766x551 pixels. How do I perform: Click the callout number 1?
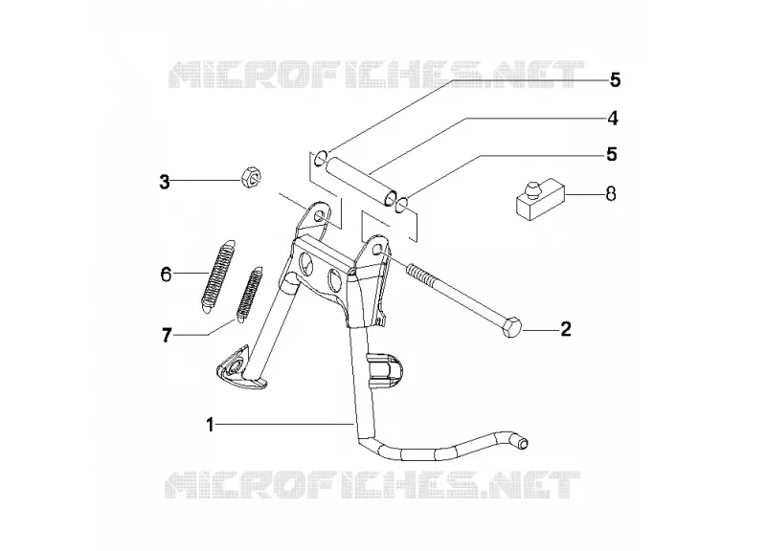tap(210, 425)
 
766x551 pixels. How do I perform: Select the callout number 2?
tap(566, 329)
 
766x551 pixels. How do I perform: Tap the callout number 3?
tap(165, 182)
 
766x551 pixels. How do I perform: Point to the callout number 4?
tap(613, 118)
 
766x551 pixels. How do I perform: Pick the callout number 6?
tap(166, 275)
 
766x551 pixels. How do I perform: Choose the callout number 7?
tap(167, 335)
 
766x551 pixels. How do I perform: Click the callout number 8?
tap(611, 194)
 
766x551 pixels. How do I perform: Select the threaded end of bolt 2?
tap(417, 273)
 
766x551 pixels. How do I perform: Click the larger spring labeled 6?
tap(218, 275)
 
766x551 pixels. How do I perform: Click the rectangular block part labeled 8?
tap(541, 199)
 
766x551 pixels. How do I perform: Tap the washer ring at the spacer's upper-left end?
tap(321, 158)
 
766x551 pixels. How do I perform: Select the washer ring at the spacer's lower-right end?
tap(400, 204)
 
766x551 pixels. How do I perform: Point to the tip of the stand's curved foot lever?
tap(523, 443)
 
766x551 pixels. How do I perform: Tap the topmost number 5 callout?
tap(615, 80)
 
